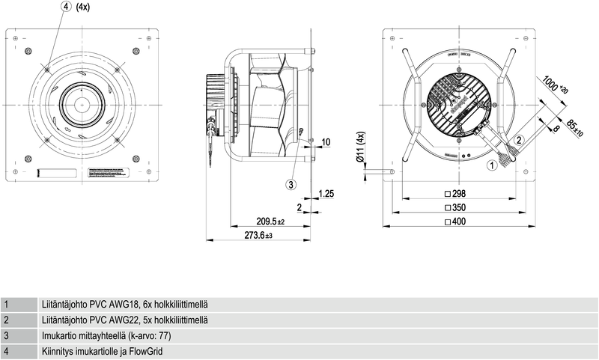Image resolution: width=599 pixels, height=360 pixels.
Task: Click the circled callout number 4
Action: pyautogui.click(x=67, y=7)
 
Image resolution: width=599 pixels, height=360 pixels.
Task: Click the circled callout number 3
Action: pyautogui.click(x=291, y=183)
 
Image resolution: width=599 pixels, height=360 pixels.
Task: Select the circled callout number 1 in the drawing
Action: pyautogui.click(x=491, y=166)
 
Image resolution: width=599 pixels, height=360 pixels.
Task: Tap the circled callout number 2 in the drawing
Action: pyautogui.click(x=519, y=140)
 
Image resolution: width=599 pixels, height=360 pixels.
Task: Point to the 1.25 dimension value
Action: pyautogui.click(x=326, y=194)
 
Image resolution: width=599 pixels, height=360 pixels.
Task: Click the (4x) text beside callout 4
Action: pyautogui.click(x=83, y=7)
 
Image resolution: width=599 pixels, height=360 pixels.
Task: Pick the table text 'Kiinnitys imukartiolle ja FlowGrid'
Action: pyautogui.click(x=104, y=350)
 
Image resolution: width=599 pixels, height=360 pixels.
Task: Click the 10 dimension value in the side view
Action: pyautogui.click(x=326, y=141)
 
